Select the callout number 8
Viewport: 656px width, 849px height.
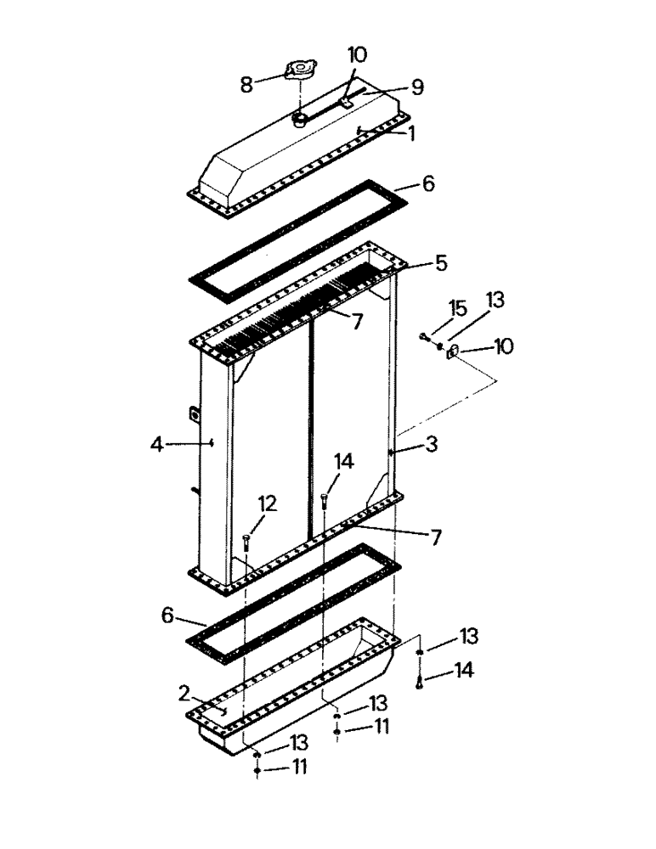tap(246, 84)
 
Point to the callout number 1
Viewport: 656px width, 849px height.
tap(411, 133)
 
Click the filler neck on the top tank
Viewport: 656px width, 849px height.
tap(300, 119)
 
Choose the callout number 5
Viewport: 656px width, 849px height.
tap(440, 262)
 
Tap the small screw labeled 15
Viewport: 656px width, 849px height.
tap(422, 338)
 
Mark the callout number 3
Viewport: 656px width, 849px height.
tap(432, 443)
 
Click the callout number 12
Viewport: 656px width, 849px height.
tap(267, 504)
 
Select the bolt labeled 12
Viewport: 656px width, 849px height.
tap(246, 541)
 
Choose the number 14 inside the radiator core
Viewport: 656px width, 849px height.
tap(342, 461)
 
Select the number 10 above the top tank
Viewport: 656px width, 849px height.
tap(357, 55)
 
